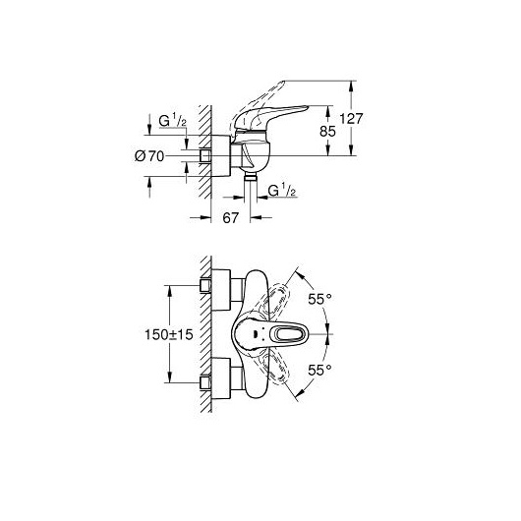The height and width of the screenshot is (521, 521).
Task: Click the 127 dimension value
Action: coord(351,119)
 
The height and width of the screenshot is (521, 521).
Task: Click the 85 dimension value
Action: coord(327,132)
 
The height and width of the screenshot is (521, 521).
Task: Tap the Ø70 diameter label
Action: coord(149,156)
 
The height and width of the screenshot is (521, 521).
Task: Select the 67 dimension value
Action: coord(231,218)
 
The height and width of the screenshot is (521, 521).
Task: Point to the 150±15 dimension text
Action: coord(169,334)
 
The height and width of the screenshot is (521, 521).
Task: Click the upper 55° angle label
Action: coord(319,300)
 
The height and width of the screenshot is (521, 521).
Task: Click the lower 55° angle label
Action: coord(319,370)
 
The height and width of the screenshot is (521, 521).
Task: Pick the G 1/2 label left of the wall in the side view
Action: coord(172,121)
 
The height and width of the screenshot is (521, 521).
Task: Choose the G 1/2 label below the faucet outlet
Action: coord(282,191)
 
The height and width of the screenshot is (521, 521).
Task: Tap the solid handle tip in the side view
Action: coord(307,107)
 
